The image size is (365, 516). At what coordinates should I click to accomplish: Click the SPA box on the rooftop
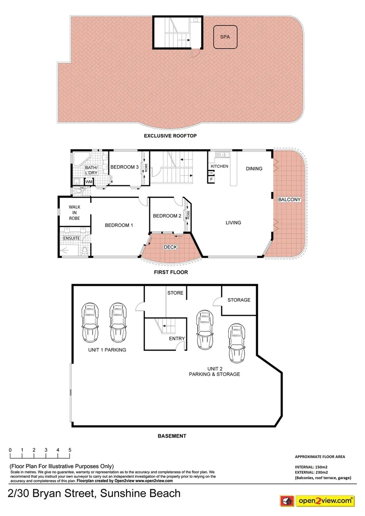click(225, 37)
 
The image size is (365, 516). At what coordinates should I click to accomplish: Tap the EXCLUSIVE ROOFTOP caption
click(171, 136)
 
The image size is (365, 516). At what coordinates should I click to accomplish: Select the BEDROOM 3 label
click(124, 167)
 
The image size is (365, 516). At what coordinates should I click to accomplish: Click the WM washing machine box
click(89, 182)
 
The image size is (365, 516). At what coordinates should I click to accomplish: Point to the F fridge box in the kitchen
click(211, 179)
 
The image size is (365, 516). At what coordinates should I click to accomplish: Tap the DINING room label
click(254, 168)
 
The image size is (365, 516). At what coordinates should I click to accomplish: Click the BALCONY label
click(290, 200)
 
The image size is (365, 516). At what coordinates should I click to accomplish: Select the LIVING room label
click(234, 223)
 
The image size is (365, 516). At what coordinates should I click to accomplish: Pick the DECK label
click(171, 247)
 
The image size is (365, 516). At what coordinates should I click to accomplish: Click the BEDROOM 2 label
click(167, 216)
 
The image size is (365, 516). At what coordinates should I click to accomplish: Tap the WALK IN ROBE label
click(74, 213)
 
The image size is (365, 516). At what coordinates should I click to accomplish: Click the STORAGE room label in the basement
click(239, 300)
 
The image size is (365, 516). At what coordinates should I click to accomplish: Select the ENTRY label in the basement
click(177, 338)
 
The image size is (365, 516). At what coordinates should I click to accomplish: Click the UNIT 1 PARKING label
click(107, 350)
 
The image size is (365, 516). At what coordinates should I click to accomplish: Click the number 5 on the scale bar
click(70, 450)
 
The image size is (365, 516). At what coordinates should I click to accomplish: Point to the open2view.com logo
click(317, 501)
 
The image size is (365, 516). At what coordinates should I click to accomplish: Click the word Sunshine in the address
click(120, 493)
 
